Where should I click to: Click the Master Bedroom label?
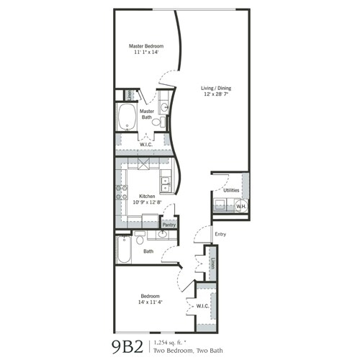[142, 45]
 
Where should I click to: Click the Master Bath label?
[147, 114]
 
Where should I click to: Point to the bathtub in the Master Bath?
[127, 117]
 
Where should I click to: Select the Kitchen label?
[148, 195]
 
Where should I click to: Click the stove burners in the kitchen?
[120, 192]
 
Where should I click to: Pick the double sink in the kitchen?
[166, 184]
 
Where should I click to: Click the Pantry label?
[168, 225]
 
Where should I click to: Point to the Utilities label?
[231, 190]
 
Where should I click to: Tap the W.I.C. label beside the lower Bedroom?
[202, 305]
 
